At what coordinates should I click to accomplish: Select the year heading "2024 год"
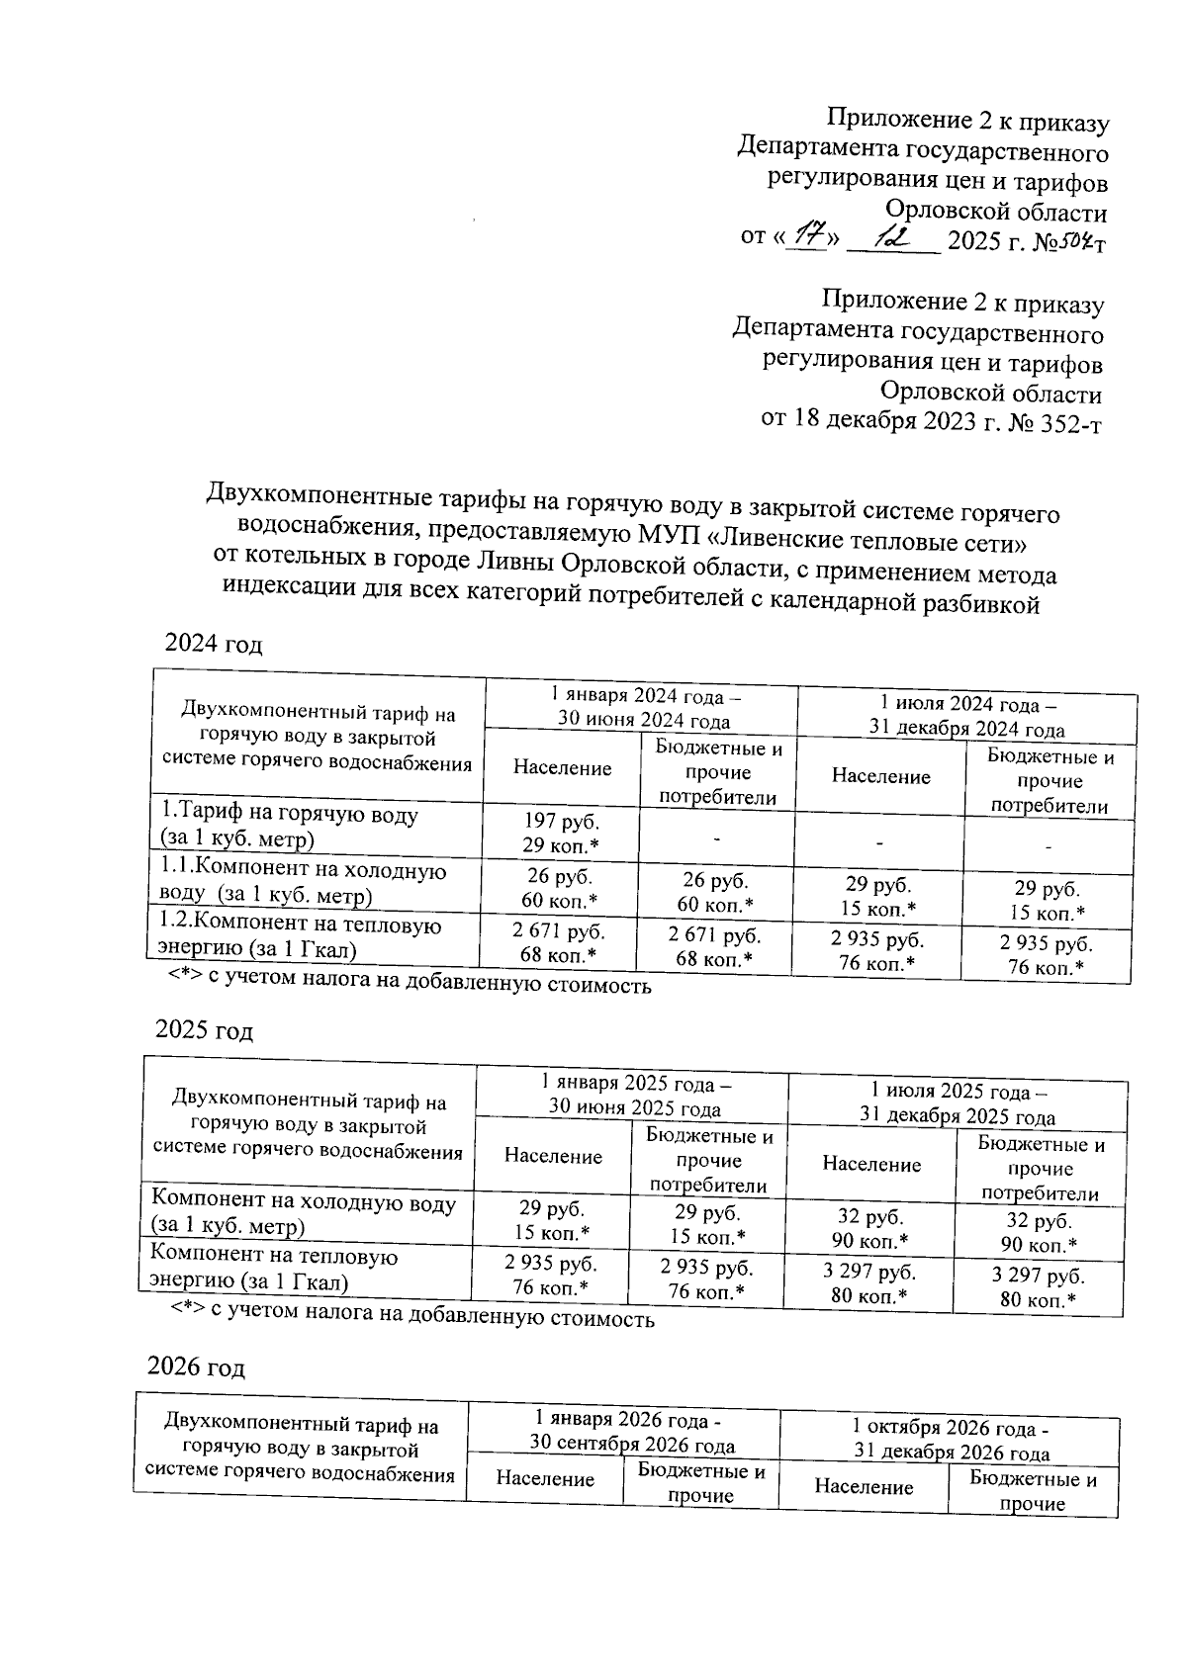tap(214, 645)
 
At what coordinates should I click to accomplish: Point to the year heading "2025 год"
tap(205, 1030)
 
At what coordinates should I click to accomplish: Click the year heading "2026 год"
tap(196, 1367)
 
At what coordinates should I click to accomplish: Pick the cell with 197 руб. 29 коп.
tap(561, 833)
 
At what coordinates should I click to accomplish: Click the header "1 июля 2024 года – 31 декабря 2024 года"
tap(966, 717)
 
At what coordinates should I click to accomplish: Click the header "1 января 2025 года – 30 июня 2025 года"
tap(634, 1097)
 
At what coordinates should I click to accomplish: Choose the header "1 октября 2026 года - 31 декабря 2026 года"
tap(952, 1441)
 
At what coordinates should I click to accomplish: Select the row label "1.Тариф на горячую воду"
tap(290, 827)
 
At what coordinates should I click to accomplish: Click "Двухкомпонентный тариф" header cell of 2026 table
tap(301, 1450)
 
